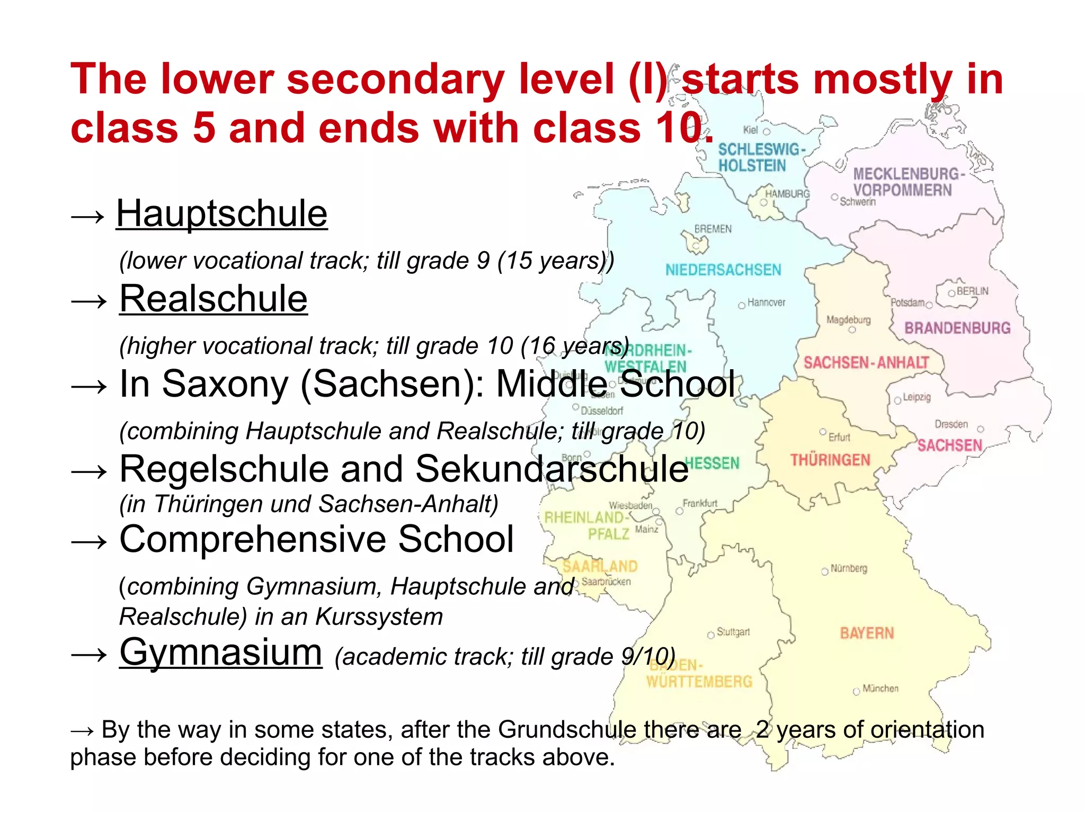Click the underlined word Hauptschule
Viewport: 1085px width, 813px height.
(221, 214)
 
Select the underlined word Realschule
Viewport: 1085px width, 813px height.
(213, 299)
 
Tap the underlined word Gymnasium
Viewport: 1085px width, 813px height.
(220, 653)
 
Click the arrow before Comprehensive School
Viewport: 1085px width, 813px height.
(89, 542)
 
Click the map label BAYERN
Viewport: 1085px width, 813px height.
(867, 633)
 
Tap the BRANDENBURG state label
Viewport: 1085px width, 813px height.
(957, 328)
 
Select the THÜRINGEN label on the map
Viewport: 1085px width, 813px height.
(830, 460)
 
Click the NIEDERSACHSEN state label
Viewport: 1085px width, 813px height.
(723, 270)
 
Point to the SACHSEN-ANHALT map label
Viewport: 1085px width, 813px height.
(866, 363)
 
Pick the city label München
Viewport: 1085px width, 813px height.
(880, 689)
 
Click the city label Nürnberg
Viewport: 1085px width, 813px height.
(849, 568)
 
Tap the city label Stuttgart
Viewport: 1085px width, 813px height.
(733, 632)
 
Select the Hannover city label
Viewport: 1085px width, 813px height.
(766, 302)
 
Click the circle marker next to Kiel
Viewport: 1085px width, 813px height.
(766, 131)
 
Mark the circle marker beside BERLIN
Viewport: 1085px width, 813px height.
(951, 293)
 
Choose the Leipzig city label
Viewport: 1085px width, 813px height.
(917, 397)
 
